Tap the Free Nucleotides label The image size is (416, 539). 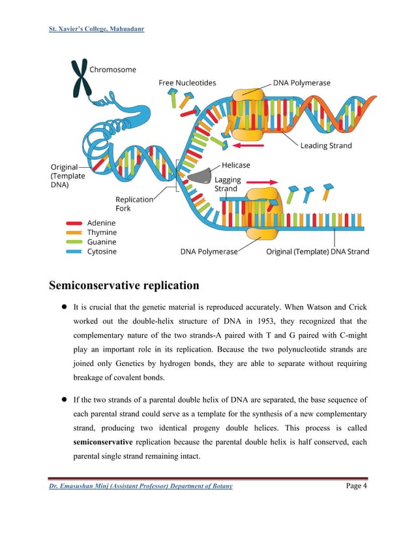click(187, 83)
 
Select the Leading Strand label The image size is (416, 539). click(326, 146)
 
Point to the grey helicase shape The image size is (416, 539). click(199, 174)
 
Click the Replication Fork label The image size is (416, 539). click(134, 204)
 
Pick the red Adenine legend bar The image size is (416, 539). click(74, 223)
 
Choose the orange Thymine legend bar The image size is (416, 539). click(74, 232)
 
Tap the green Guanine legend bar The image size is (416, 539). click(74, 241)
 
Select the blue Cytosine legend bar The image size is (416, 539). click(74, 251)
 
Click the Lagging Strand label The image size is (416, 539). click(228, 184)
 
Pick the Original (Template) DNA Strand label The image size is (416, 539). click(318, 251)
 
